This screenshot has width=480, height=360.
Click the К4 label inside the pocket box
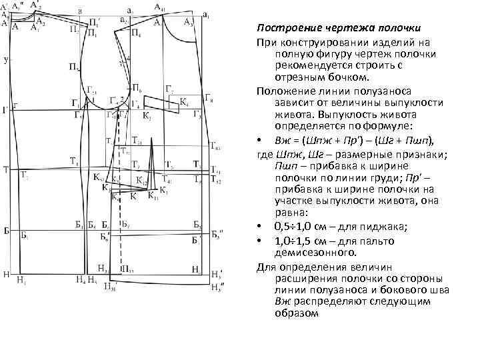coord(184,103)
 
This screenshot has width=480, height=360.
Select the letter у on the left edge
coord(5,60)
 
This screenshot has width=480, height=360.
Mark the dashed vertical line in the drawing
coord(122,220)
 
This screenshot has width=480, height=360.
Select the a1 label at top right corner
coord(205,15)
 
